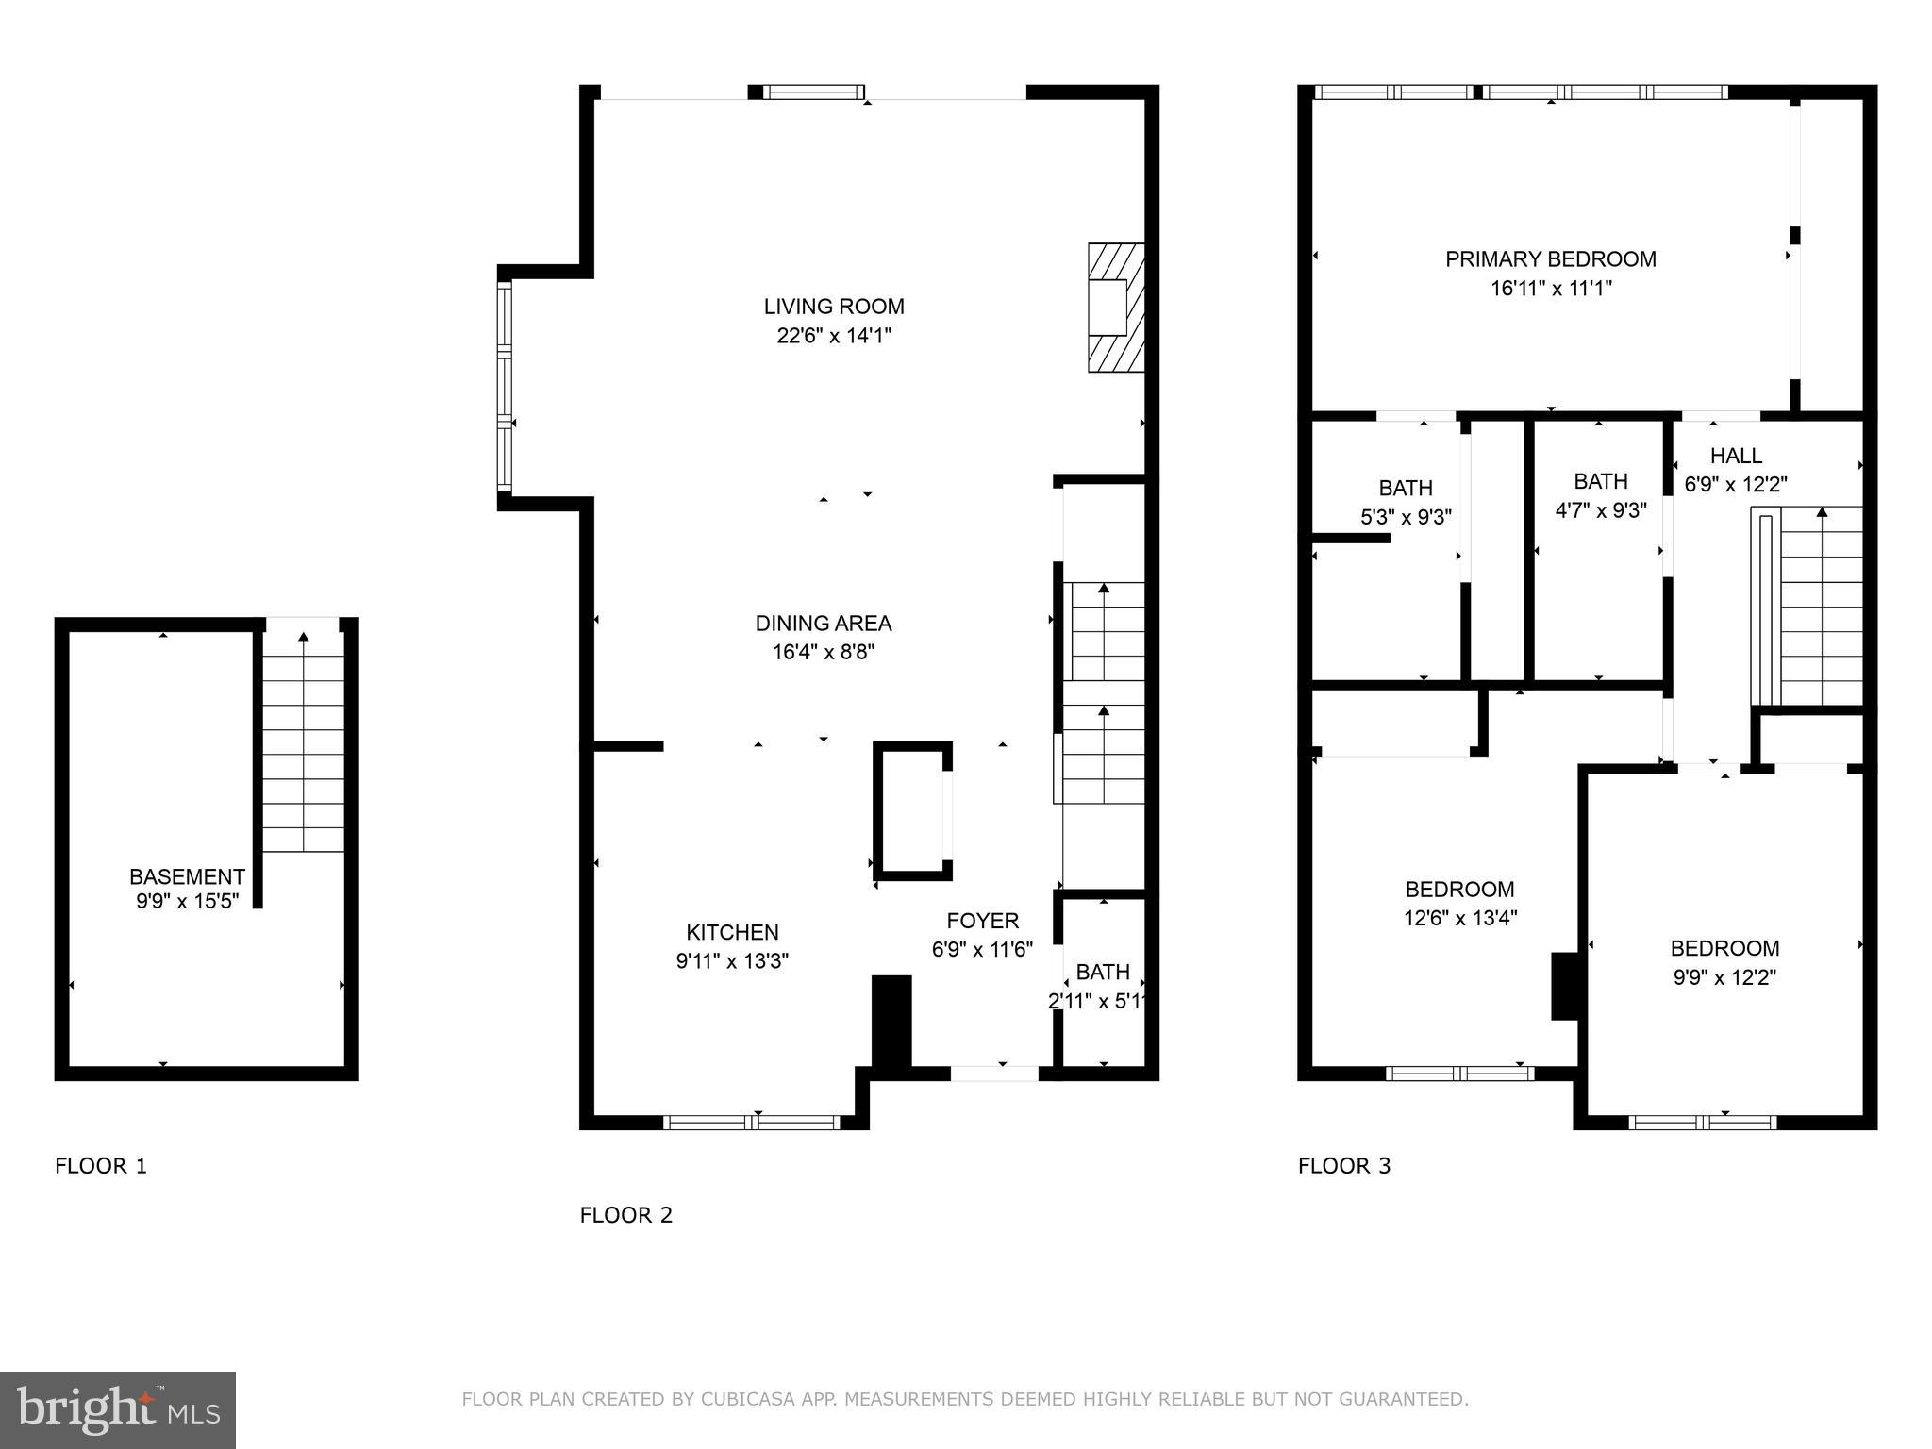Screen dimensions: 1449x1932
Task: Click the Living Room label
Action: click(x=834, y=307)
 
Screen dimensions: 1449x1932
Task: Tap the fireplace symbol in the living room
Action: click(x=1116, y=308)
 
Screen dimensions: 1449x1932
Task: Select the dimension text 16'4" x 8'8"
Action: click(x=824, y=652)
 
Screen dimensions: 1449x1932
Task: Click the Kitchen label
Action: click(x=732, y=932)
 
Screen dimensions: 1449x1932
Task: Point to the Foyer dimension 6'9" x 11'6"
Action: click(x=982, y=950)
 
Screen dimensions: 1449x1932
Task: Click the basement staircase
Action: click(x=303, y=745)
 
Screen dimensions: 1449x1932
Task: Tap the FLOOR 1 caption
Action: click(x=101, y=1166)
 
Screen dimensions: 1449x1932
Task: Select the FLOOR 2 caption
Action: click(x=626, y=1215)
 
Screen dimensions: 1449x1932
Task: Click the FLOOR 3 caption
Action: click(x=1344, y=1166)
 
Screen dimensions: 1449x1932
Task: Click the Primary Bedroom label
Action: click(x=1551, y=259)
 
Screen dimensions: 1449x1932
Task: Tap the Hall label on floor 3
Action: click(x=1736, y=456)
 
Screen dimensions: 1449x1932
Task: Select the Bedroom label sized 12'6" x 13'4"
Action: click(x=1459, y=890)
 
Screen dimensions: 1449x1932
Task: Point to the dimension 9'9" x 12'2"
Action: click(x=1724, y=978)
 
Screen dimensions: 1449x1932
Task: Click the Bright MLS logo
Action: click(x=118, y=1409)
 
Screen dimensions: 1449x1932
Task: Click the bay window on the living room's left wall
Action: click(x=505, y=388)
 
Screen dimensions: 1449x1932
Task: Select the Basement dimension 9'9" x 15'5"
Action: click(x=187, y=902)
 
